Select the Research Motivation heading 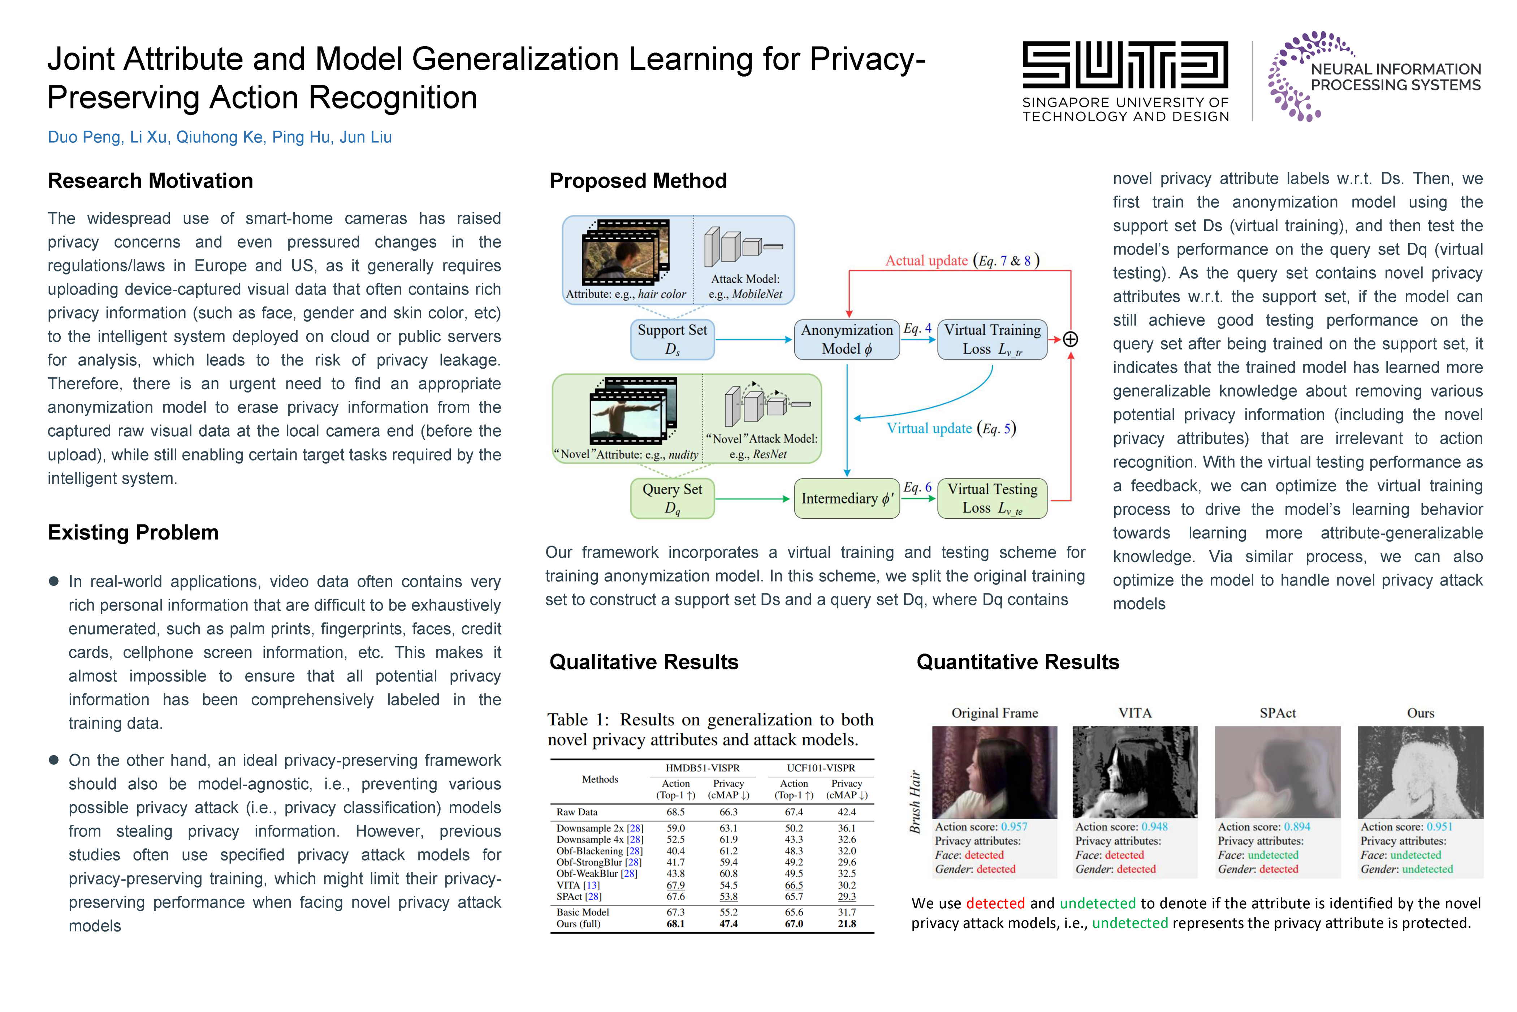coord(150,181)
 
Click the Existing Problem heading coord(133,532)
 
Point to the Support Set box coord(672,339)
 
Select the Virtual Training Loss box coord(992,339)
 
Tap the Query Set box coord(672,498)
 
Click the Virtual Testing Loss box coord(992,498)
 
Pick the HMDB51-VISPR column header coord(703,768)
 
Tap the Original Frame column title coord(995,713)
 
